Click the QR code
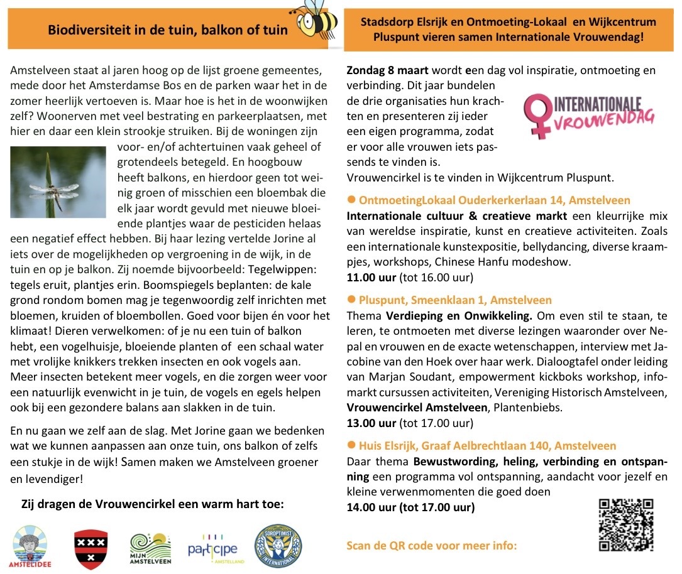(x=625, y=525)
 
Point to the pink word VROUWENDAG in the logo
(x=605, y=119)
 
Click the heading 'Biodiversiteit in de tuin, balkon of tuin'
(x=168, y=30)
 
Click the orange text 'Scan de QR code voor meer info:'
(x=432, y=545)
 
